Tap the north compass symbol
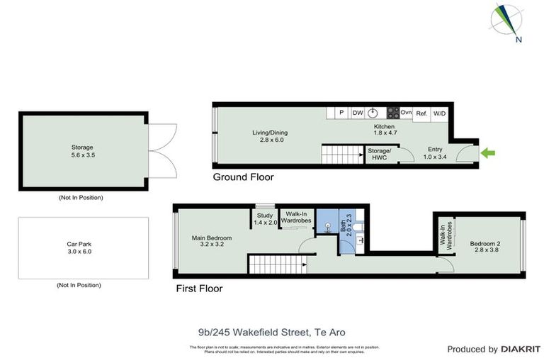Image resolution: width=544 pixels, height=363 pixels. point(509,22)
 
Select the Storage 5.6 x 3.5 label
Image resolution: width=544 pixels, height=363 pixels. point(82,151)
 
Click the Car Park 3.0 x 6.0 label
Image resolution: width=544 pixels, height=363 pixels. point(79,247)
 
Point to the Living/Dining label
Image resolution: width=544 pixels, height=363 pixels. point(270,136)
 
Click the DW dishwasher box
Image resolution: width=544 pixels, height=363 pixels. point(358,113)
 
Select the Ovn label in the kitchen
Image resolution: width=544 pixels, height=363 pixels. point(406,113)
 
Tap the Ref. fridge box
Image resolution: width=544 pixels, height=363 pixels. point(421,113)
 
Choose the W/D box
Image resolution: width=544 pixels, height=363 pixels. point(439,113)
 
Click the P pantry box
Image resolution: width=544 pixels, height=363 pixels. point(341,113)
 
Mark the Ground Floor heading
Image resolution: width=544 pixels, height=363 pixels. point(243,177)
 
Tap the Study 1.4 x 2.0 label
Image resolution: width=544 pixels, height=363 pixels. point(266,219)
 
